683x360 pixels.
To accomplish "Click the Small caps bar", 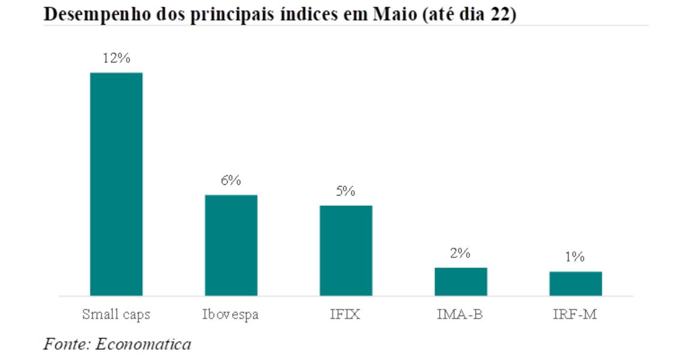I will [x=116, y=184].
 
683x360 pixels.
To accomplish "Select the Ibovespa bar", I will [x=231, y=245].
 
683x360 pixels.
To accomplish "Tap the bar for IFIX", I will [x=346, y=251].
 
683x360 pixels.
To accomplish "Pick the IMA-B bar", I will [x=461, y=282].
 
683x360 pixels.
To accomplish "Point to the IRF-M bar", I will [x=576, y=284].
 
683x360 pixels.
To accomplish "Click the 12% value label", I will [x=116, y=59].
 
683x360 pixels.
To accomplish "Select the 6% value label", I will [x=231, y=181].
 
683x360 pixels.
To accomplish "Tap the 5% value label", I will [x=346, y=192].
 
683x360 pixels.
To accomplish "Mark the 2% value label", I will [x=461, y=254].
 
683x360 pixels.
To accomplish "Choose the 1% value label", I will [x=576, y=257].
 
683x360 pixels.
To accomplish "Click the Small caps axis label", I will [x=116, y=314].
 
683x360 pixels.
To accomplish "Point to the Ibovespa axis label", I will [x=231, y=314].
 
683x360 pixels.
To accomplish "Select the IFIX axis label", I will [x=346, y=314].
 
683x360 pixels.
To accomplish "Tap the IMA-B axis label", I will [x=461, y=314].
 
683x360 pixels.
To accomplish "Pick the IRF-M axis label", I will [x=576, y=314].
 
